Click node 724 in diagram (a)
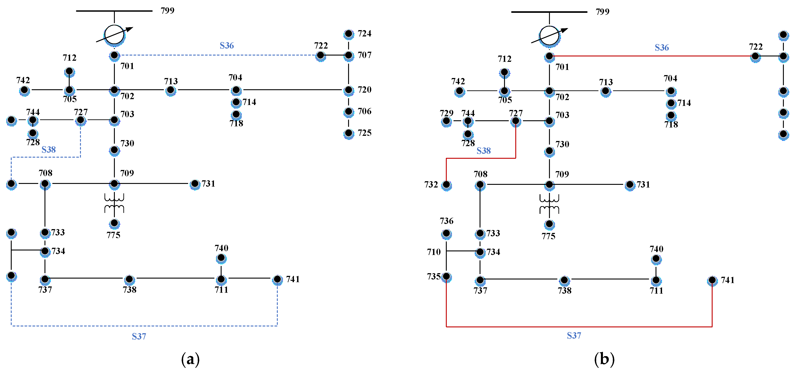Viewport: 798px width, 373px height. coord(349,34)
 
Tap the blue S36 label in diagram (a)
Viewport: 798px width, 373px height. coord(227,46)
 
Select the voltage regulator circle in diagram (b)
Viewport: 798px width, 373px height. coord(549,36)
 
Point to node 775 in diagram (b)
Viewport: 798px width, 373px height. coord(549,224)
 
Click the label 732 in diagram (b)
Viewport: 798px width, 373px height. coord(431,185)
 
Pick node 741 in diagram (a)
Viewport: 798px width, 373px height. coord(277,279)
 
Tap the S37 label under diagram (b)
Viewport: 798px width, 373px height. coord(574,335)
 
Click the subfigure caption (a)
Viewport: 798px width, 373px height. coord(190,359)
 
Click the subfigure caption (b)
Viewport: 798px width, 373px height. coord(604,359)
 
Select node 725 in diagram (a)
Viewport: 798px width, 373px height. coord(349,133)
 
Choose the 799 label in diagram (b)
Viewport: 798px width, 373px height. coord(602,12)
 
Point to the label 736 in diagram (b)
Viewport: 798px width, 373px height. coord(446,221)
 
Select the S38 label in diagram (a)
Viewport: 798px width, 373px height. coord(49,150)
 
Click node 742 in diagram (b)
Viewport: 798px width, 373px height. coord(459,92)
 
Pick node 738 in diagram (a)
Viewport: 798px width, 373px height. coord(129,279)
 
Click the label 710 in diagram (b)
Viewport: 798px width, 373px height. coord(433,252)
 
